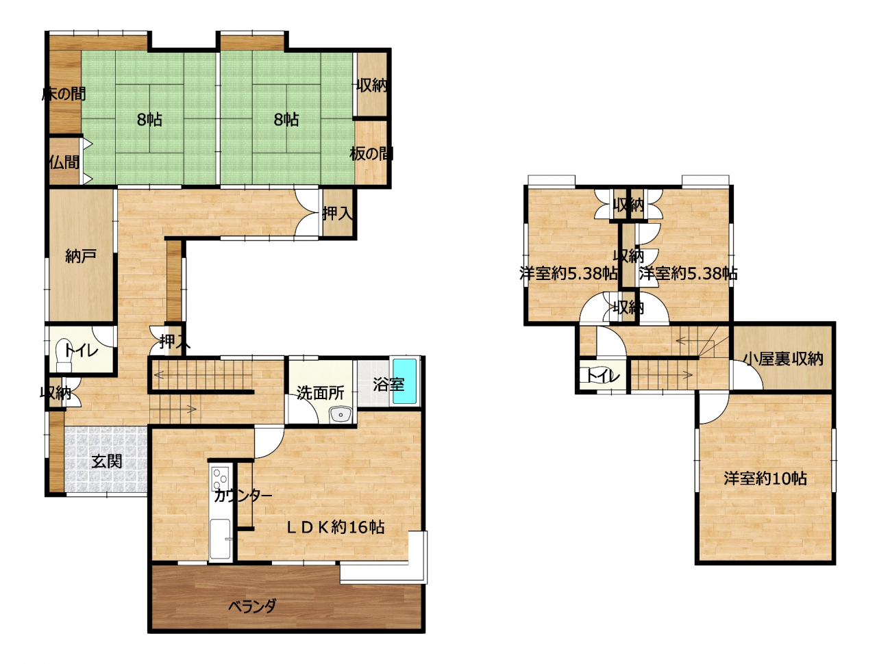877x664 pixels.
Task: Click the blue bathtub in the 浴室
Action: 405,381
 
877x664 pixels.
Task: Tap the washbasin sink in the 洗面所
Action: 341,415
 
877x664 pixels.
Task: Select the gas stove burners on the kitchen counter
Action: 220,478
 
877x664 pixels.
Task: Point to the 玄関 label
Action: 106,461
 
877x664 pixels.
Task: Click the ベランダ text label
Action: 252,606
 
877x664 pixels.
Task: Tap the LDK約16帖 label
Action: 336,528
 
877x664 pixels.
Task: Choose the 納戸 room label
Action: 81,256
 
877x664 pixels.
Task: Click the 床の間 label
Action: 64,94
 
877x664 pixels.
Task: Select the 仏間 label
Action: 64,162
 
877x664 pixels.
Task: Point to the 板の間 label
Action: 371,153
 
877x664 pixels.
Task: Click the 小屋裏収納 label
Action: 783,359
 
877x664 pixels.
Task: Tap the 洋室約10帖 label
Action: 765,478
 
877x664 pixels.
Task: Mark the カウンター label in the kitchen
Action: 243,496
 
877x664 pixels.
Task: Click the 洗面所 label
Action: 320,394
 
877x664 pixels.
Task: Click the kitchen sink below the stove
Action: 220,538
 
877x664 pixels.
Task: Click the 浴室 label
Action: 388,384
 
